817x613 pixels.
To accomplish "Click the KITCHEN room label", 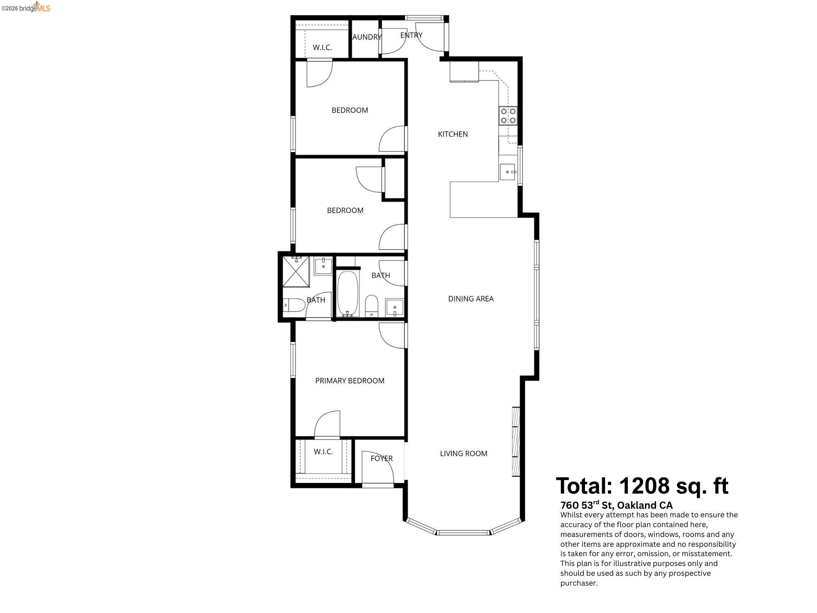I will pyautogui.click(x=453, y=134).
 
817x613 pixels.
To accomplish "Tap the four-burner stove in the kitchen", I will pyautogui.click(x=508, y=116).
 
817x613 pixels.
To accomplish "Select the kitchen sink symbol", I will pyautogui.click(x=507, y=172).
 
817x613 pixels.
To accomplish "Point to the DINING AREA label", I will pyautogui.click(x=471, y=299).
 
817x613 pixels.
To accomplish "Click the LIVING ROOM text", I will pyautogui.click(x=463, y=454).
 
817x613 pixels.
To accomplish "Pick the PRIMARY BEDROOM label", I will pyautogui.click(x=350, y=381).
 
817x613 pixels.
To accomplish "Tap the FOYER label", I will pyautogui.click(x=382, y=458).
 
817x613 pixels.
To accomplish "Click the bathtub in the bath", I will pyautogui.click(x=348, y=294).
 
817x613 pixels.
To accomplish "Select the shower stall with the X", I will pyautogui.click(x=296, y=272).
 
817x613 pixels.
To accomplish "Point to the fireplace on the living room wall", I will pyautogui.click(x=516, y=442).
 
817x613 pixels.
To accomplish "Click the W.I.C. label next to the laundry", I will pyautogui.click(x=322, y=47).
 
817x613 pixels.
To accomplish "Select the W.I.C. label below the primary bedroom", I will pyautogui.click(x=323, y=452).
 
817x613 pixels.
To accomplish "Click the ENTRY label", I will pyautogui.click(x=411, y=36).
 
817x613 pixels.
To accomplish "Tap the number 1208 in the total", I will pyautogui.click(x=644, y=486).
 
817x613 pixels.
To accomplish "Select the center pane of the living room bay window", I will pyautogui.click(x=463, y=532).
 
